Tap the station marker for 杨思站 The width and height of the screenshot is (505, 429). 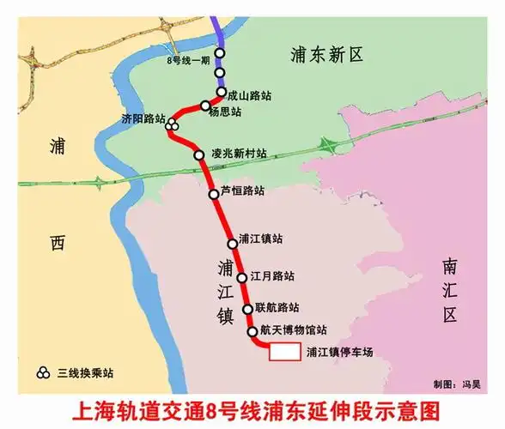[205, 106]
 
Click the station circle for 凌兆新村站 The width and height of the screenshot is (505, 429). [199, 154]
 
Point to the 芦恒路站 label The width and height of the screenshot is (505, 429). [242, 190]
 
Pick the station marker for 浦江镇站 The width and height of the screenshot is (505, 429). [232, 244]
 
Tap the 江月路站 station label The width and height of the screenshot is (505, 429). [272, 276]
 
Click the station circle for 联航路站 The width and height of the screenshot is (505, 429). [248, 308]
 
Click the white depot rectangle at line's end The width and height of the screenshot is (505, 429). [284, 351]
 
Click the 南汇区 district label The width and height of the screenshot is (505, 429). [451, 289]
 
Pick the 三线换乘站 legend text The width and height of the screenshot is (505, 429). [85, 373]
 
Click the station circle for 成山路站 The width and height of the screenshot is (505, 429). [222, 92]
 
